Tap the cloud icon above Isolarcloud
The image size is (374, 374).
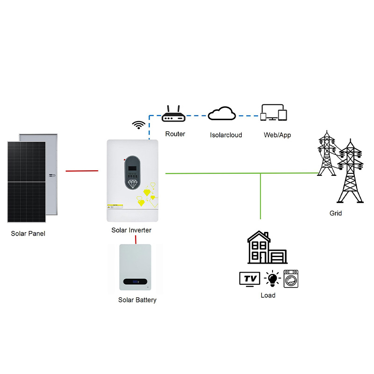point(222,114)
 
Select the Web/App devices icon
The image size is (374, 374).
point(273,112)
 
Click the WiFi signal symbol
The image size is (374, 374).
point(138,124)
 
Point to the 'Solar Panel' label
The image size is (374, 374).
point(28,233)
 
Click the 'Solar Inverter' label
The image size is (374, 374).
point(131,230)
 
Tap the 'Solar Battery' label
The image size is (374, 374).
point(137,300)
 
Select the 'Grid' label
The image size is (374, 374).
point(336,213)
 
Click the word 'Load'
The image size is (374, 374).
point(268,295)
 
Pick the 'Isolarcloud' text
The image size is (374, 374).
point(226,135)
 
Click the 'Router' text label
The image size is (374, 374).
point(175,134)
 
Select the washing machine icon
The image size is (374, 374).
point(291,279)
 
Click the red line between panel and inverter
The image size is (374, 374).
point(82,171)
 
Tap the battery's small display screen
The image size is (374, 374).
point(135,282)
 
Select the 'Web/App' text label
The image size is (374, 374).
point(278,135)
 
